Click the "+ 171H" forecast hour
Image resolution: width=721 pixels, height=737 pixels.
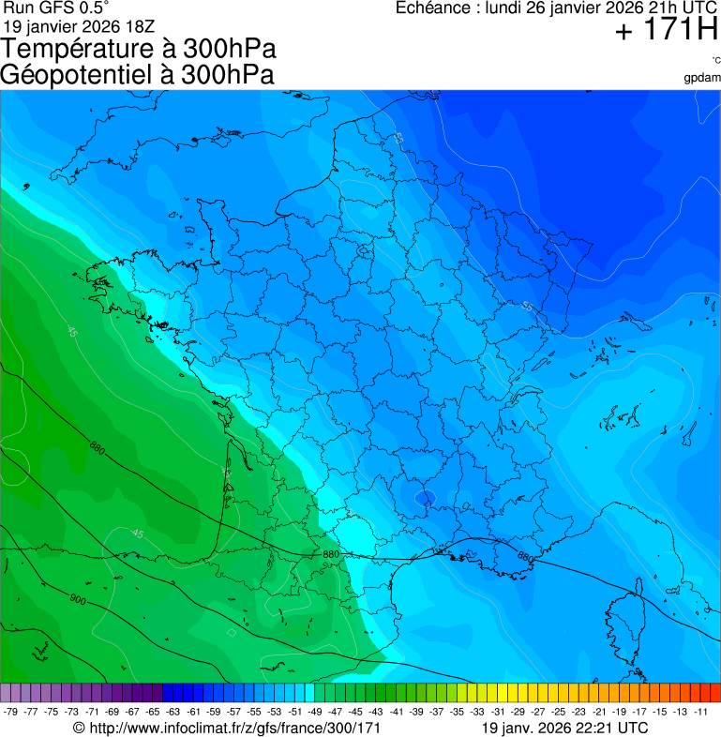(x=666, y=32)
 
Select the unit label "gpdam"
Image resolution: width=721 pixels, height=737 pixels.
(x=702, y=77)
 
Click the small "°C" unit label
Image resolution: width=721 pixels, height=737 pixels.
(x=715, y=60)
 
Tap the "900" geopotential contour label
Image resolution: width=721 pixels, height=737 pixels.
(x=77, y=598)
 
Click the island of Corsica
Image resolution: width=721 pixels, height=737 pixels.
(x=627, y=621)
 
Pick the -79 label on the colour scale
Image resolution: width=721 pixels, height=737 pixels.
(x=11, y=712)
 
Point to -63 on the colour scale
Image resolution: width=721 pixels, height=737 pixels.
(x=173, y=712)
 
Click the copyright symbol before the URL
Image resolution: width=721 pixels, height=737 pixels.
(x=79, y=728)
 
